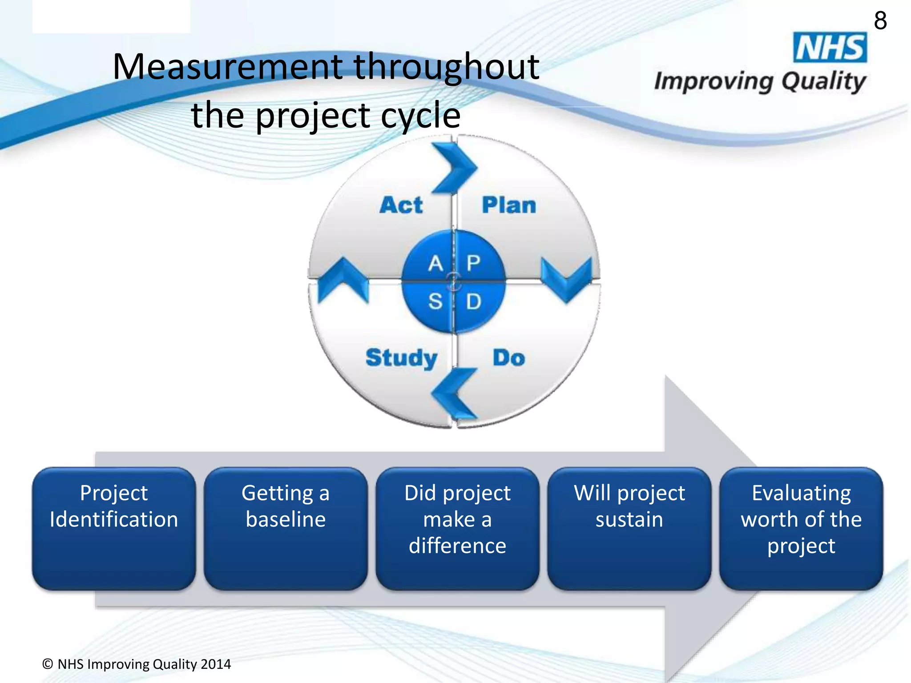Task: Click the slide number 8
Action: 880,21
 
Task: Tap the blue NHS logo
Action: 830,48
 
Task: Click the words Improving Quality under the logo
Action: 760,82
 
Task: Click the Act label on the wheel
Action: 401,205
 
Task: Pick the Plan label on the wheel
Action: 509,205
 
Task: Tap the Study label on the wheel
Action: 401,358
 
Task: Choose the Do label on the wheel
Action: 508,358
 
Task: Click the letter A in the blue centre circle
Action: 435,263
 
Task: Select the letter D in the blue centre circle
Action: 473,301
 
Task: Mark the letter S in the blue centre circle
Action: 435,301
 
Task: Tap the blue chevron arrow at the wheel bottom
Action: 454,394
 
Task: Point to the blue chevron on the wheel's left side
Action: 343,280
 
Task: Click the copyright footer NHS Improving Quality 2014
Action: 137,664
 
